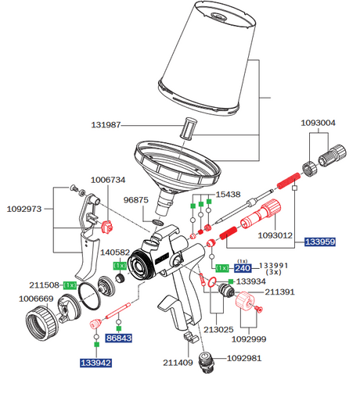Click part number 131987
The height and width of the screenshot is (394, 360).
(x=106, y=125)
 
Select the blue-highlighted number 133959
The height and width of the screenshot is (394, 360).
(x=320, y=242)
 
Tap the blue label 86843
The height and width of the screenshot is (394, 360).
(x=119, y=338)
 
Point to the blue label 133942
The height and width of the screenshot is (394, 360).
(x=96, y=363)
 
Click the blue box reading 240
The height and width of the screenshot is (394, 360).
(x=243, y=268)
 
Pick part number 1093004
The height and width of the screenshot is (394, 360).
(x=318, y=123)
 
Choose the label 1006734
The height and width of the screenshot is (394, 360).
(x=108, y=180)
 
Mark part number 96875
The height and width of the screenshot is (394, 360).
(x=135, y=200)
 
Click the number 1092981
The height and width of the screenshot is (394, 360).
(x=244, y=358)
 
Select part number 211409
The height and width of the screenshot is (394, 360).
(x=178, y=363)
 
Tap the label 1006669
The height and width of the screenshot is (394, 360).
(x=36, y=299)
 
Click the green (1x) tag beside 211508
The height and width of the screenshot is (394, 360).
(x=70, y=285)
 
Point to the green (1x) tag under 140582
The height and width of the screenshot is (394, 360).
(x=120, y=266)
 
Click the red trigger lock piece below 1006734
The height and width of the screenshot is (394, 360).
(x=106, y=227)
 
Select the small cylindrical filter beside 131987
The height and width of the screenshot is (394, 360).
(x=189, y=129)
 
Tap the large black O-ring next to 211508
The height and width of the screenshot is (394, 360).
(x=89, y=296)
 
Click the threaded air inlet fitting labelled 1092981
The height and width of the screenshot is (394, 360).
(x=207, y=363)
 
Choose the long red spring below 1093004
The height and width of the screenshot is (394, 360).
(x=288, y=181)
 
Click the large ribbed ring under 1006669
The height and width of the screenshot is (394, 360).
(x=41, y=323)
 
